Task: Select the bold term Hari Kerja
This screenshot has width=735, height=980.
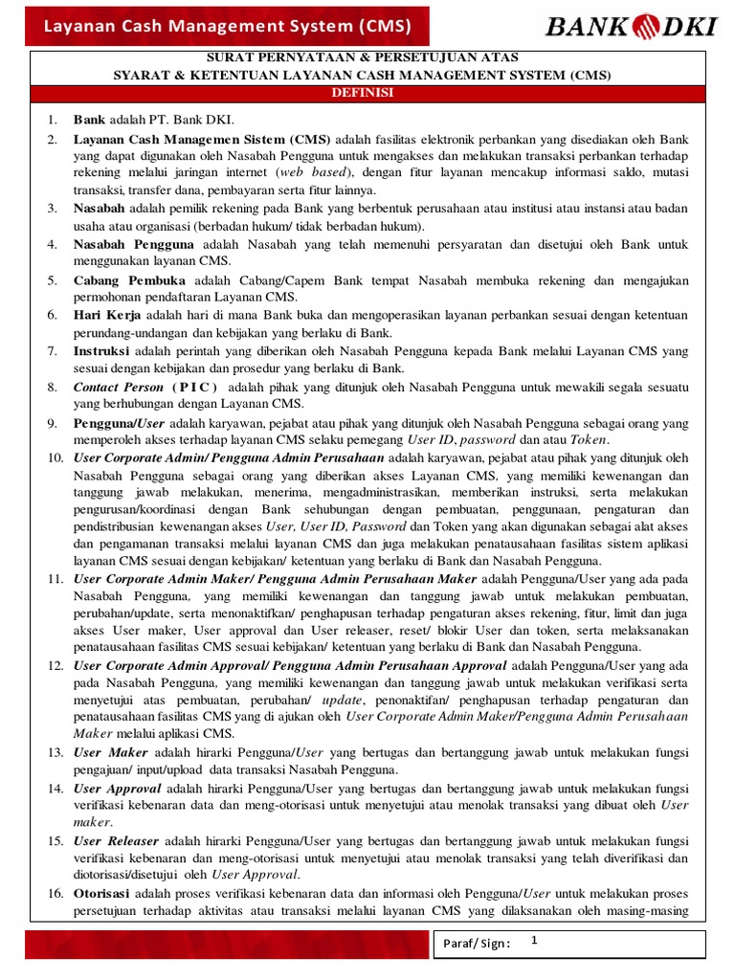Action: tap(107, 315)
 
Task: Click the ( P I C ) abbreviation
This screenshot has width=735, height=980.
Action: tap(195, 387)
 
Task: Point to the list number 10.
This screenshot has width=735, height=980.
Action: tap(55, 458)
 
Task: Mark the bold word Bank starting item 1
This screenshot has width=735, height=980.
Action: tap(89, 121)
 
